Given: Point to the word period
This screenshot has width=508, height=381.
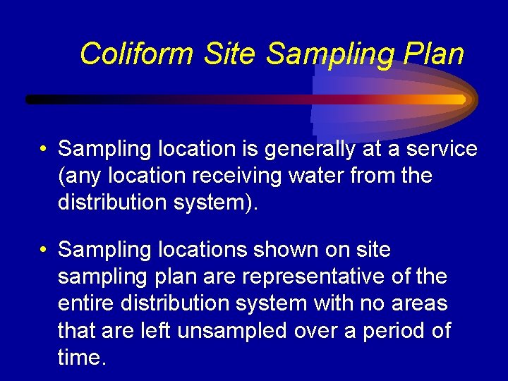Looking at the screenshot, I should [x=387, y=331].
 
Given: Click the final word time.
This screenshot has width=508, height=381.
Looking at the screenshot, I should [x=82, y=357].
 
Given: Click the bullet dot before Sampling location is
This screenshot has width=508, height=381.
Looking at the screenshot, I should [x=44, y=150].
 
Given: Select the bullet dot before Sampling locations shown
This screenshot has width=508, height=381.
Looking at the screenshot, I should [x=44, y=250].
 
